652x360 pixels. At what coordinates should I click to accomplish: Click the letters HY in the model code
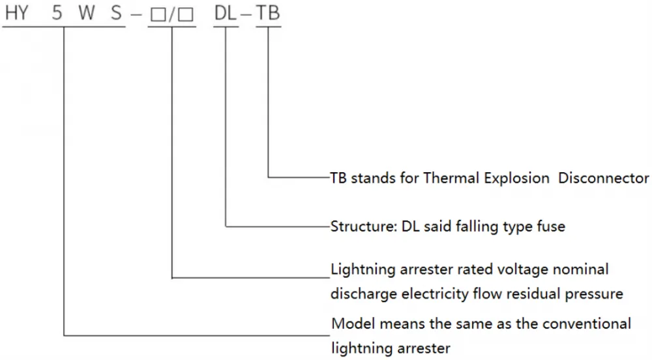click(17, 13)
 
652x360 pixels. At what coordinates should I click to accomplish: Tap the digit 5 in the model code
click(57, 13)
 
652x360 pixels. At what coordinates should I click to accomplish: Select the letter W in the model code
click(87, 13)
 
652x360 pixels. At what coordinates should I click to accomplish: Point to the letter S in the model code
click(117, 13)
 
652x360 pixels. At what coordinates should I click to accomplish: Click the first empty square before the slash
click(158, 14)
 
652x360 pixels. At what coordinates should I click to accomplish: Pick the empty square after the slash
click(185, 14)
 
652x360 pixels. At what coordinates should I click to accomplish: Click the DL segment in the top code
click(226, 13)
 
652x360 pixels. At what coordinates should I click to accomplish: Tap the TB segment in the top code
click(268, 13)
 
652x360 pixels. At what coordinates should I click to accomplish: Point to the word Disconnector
click(603, 178)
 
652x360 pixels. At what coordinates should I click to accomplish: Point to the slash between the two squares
click(171, 14)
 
